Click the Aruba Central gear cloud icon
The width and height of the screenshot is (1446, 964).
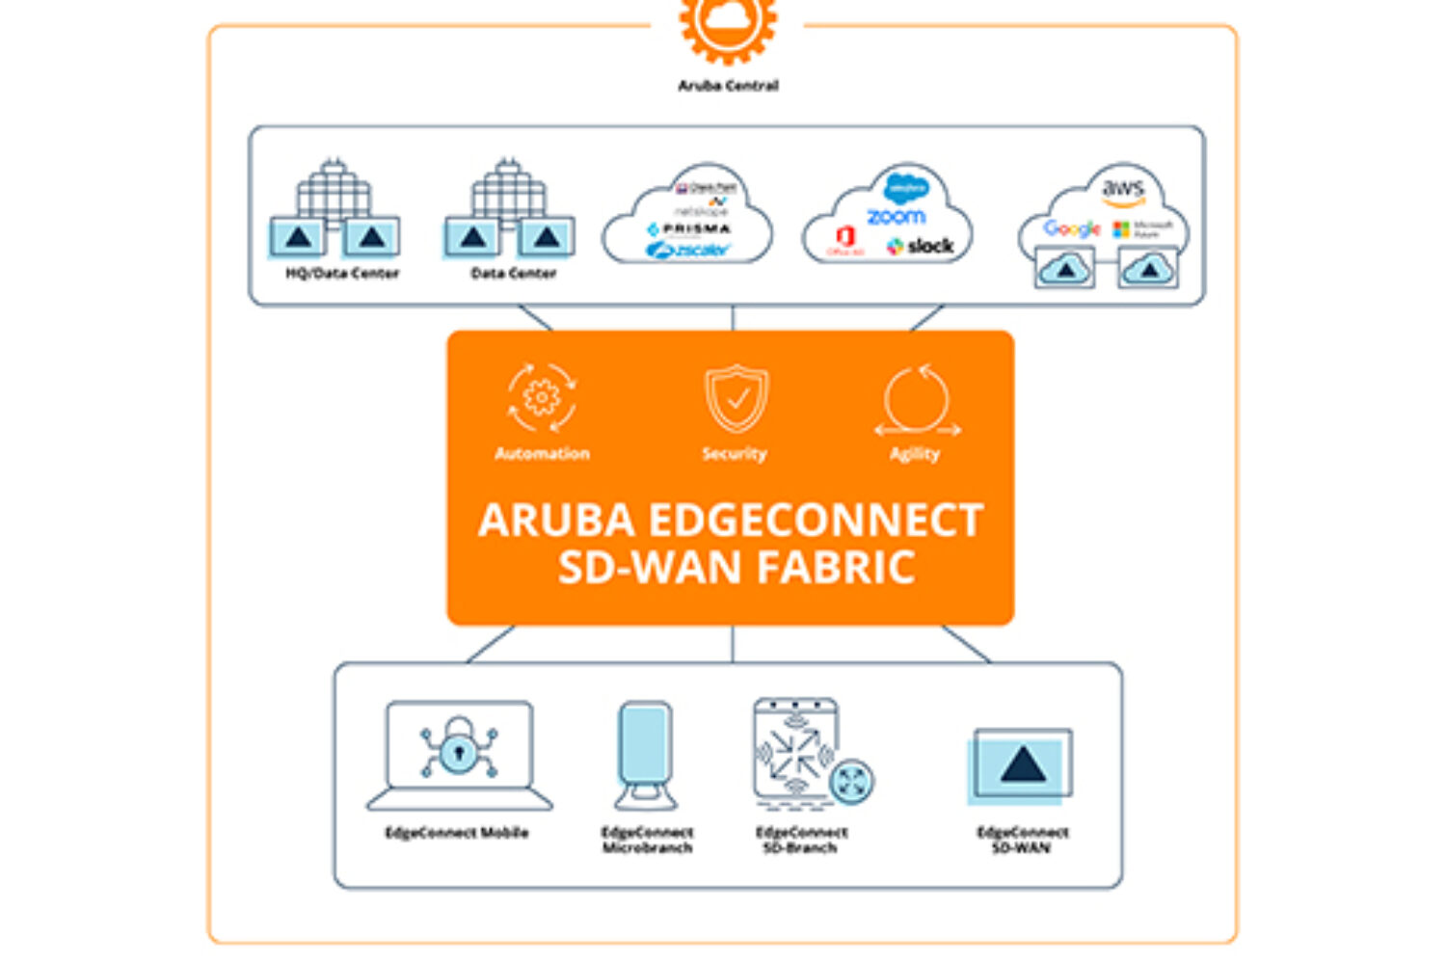[728, 24]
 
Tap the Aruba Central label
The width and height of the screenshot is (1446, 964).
[728, 86]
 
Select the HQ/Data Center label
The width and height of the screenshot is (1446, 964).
[342, 274]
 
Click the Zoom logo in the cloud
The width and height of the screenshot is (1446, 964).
[896, 216]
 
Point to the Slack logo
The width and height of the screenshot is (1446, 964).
[921, 247]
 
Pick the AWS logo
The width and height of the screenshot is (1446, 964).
[1123, 189]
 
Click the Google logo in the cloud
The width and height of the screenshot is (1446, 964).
[1071, 228]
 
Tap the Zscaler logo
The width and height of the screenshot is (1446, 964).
[688, 251]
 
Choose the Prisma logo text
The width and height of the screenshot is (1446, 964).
[690, 228]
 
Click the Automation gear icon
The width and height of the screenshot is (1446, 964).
[542, 397]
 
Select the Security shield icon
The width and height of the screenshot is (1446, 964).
[736, 397]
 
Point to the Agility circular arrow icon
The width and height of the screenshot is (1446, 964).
[917, 399]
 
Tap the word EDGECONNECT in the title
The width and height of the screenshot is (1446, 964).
[816, 521]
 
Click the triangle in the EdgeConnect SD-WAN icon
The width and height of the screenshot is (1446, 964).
[1023, 765]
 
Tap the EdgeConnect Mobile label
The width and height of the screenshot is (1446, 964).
[457, 833]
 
